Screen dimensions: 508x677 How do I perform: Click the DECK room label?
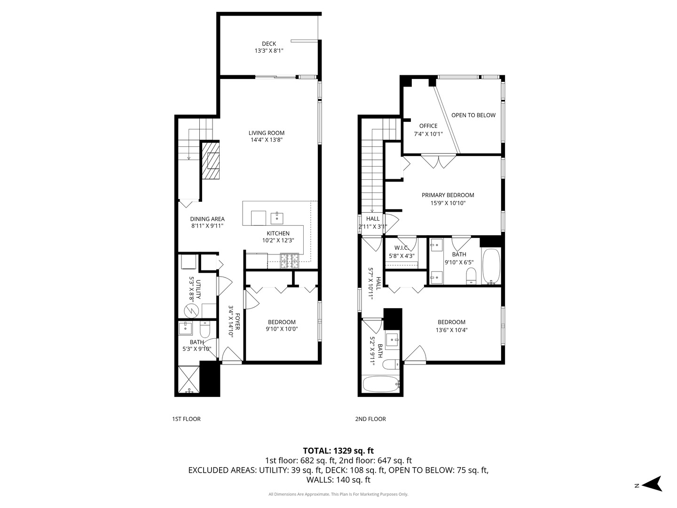[269, 44]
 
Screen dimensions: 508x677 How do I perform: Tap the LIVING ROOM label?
[267, 133]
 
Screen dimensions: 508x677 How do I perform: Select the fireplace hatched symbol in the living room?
[211, 160]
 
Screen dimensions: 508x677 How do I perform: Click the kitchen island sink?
[277, 218]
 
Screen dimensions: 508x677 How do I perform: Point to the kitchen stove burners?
[290, 261]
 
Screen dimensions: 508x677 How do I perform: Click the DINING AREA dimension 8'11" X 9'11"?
[207, 226]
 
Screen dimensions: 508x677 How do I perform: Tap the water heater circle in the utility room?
[191, 310]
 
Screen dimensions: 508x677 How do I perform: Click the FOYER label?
[237, 321]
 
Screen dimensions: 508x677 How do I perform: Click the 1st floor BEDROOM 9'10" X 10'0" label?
[282, 322]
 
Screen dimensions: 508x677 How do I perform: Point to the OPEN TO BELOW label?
[473, 115]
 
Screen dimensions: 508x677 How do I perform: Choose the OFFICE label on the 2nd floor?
[428, 126]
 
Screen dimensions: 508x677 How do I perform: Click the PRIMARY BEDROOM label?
[448, 195]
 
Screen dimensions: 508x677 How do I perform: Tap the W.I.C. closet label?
[401, 248]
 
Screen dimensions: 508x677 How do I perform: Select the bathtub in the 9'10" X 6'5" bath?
[491, 266]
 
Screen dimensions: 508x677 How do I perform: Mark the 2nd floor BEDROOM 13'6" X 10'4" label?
[451, 322]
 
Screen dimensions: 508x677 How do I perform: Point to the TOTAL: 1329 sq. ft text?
[338, 451]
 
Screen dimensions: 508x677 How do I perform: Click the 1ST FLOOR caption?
[186, 419]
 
